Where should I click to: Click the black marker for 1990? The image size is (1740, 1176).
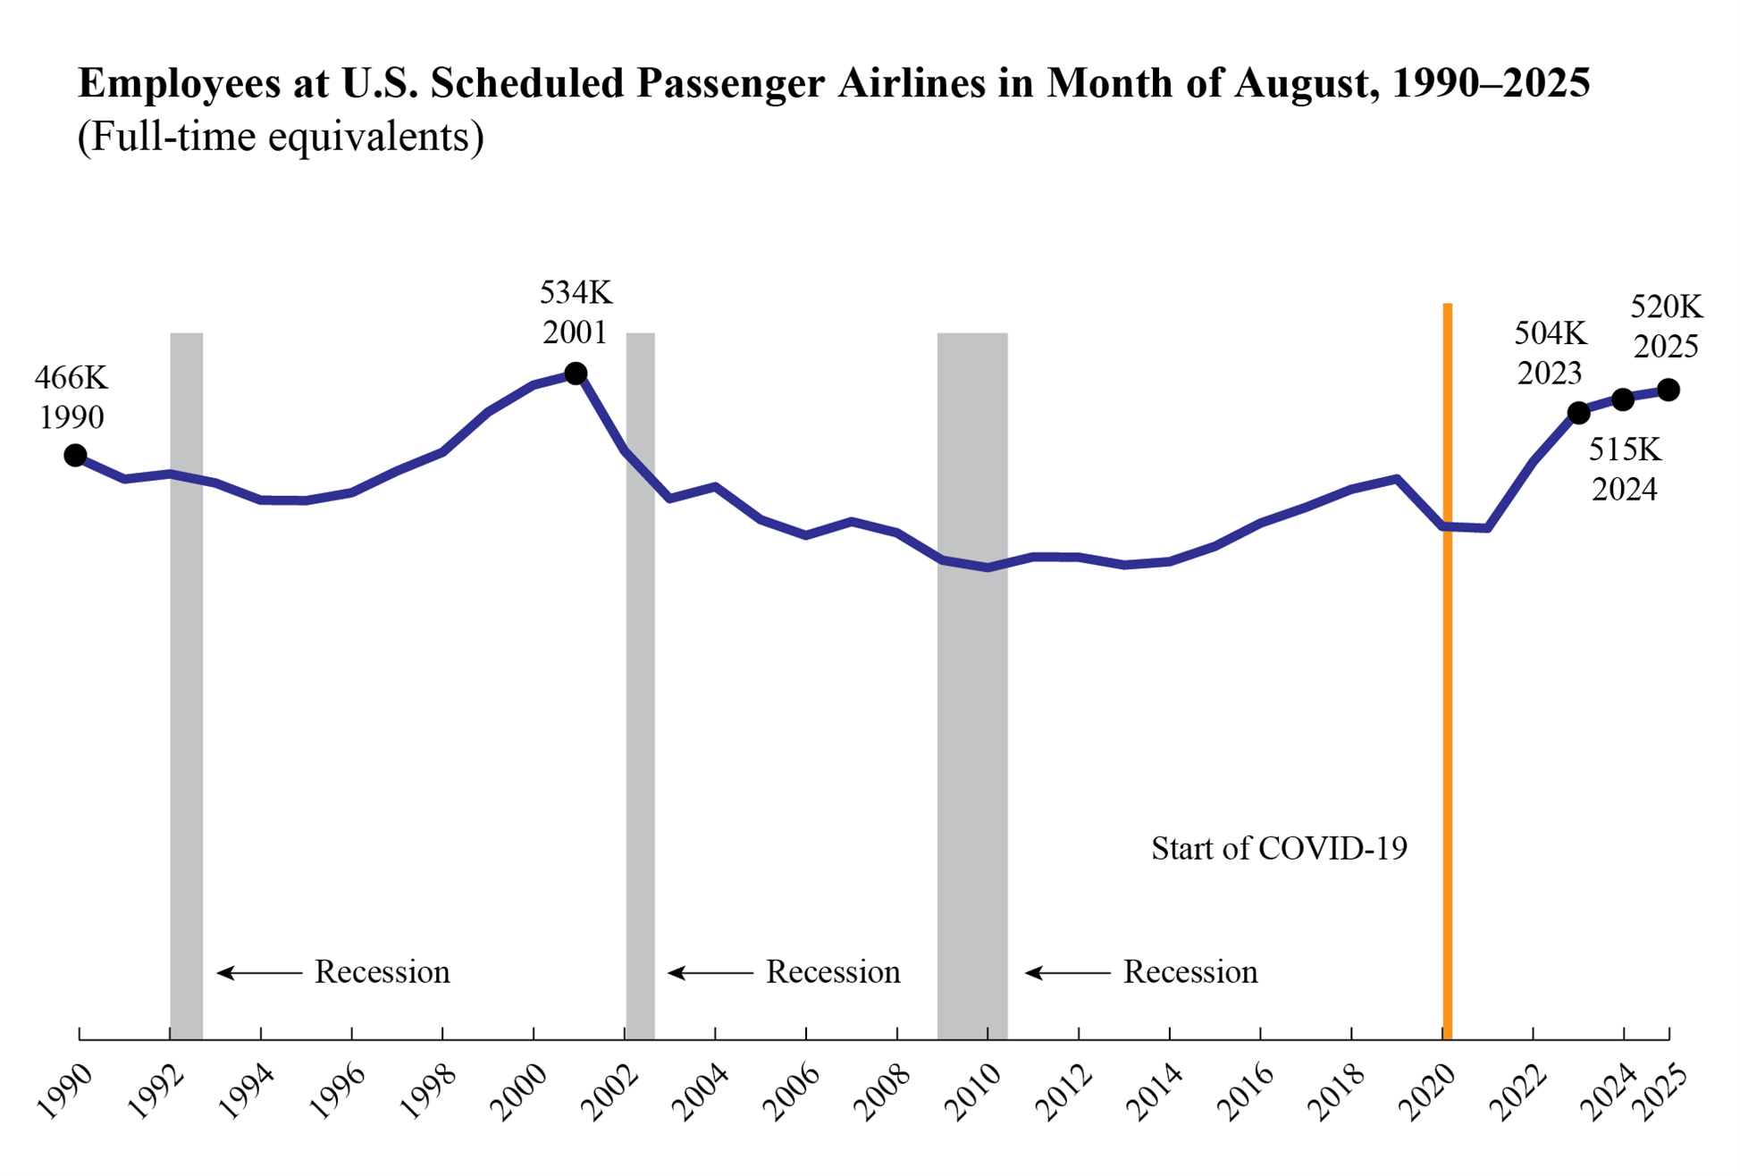[x=76, y=456]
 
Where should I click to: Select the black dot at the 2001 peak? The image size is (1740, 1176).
[x=576, y=373]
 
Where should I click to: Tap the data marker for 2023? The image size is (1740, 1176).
[x=1579, y=413]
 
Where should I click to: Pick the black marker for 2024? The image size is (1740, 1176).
[x=1624, y=399]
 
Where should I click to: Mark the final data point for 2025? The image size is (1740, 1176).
[x=1669, y=390]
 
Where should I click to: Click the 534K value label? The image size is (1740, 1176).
[x=576, y=292]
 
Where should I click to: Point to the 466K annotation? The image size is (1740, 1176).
[x=71, y=378]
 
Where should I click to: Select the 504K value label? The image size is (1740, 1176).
[x=1551, y=333]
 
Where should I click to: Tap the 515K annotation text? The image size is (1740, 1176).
[x=1625, y=449]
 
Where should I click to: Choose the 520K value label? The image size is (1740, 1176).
[x=1667, y=307]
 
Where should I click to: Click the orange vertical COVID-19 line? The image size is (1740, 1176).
[x=1448, y=671]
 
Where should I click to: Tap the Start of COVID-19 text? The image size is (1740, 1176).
[x=1279, y=848]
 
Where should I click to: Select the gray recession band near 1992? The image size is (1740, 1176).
[x=187, y=686]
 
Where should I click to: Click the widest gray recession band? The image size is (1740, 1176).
[x=972, y=686]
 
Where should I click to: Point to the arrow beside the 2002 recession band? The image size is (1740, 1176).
[x=710, y=972]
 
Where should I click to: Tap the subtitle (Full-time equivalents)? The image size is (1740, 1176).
[x=281, y=137]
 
